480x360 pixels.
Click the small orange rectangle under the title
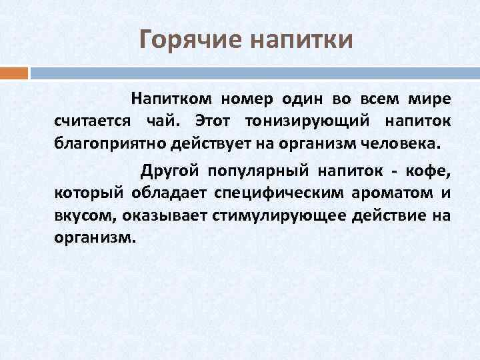(x=14, y=72)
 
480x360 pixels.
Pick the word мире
(x=433, y=99)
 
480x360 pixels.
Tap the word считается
(x=91, y=121)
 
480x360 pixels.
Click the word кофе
(x=429, y=172)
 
